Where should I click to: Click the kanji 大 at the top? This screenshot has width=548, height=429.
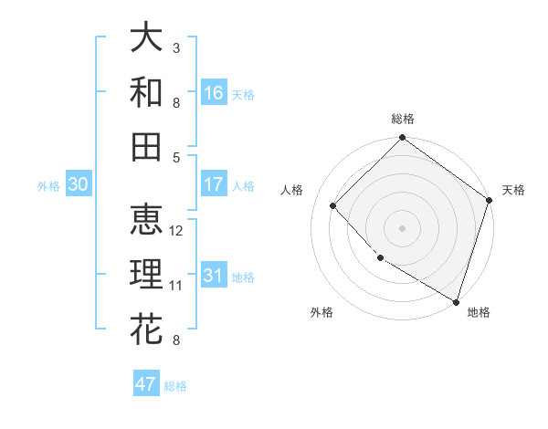[x=146, y=39]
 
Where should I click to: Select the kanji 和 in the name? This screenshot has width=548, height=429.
[x=146, y=92]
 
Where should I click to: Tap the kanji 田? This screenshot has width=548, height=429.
[x=146, y=145]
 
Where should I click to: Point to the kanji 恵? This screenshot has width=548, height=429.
[x=146, y=220]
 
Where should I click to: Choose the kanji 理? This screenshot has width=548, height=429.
[x=146, y=275]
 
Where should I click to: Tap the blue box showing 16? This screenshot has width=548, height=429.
[x=214, y=93]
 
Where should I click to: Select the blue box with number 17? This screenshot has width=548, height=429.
[x=214, y=184]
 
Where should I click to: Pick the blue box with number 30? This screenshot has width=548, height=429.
[x=78, y=184]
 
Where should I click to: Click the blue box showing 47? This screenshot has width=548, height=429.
[x=146, y=384]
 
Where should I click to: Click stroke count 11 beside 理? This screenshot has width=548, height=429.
[x=176, y=286]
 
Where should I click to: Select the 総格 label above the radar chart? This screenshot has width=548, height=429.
[x=403, y=119]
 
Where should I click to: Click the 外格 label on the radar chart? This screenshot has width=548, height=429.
[x=321, y=312]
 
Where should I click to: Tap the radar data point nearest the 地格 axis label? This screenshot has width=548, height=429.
[x=455, y=300]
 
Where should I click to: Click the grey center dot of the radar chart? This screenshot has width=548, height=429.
[x=403, y=227]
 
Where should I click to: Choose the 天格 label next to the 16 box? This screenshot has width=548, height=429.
[x=243, y=94]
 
